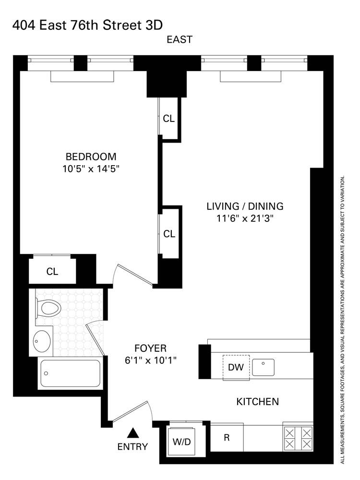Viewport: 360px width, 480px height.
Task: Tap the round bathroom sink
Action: point(42,340)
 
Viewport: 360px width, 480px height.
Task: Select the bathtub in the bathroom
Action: point(70,373)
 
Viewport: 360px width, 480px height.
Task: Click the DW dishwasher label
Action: point(236,368)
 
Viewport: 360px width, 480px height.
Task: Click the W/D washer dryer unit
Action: point(181,441)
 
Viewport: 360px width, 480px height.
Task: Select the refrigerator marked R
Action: point(227,437)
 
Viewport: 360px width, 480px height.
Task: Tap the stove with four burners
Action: point(298,437)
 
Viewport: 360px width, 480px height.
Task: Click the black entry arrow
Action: point(134,433)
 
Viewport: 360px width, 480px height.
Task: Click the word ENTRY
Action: point(132,447)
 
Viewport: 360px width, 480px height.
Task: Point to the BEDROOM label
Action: point(91,156)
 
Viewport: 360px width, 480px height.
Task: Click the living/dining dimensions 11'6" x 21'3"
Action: point(245,218)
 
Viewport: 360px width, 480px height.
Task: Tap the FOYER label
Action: point(150,348)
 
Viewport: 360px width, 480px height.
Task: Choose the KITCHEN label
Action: point(257,401)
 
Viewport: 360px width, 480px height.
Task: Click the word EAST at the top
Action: point(180,40)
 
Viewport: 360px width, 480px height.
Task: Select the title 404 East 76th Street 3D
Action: point(91,24)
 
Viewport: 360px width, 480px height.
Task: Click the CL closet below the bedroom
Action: point(52,272)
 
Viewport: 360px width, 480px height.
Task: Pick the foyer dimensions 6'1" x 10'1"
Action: point(150,360)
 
